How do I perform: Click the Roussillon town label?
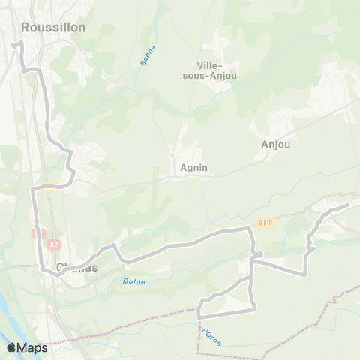click(x=53, y=27)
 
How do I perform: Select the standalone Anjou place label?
click(x=276, y=144)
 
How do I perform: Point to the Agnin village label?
click(x=193, y=169)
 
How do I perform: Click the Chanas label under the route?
click(x=79, y=269)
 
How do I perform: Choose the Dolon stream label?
click(x=134, y=281)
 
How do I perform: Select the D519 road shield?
click(x=265, y=222)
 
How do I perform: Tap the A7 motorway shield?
click(x=53, y=244)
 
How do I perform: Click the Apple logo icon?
click(x=12, y=347)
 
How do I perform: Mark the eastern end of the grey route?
click(x=348, y=205)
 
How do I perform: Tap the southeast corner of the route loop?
click(x=254, y=307)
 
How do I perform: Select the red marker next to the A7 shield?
click(x=34, y=234)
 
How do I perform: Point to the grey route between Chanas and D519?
click(x=187, y=243)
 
